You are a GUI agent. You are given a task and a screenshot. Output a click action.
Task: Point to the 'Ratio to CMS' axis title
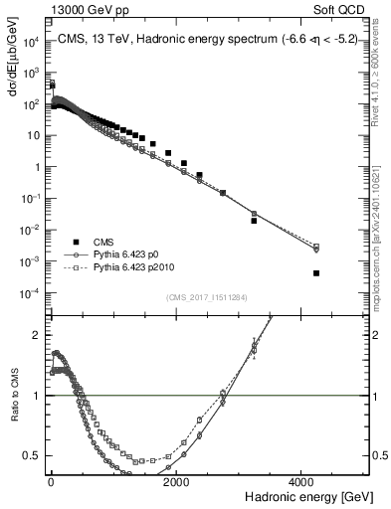[12, 410]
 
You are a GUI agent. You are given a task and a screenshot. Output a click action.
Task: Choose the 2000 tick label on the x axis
[176, 482]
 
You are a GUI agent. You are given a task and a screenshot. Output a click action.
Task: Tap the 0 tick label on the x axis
[51, 482]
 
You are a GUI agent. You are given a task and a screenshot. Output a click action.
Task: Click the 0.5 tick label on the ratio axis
[32, 455]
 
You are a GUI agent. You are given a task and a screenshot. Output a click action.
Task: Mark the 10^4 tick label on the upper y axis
[31, 42]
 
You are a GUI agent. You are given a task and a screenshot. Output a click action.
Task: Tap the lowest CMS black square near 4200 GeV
[315, 272]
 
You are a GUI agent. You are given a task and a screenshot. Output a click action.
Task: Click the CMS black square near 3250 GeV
[254, 221]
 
